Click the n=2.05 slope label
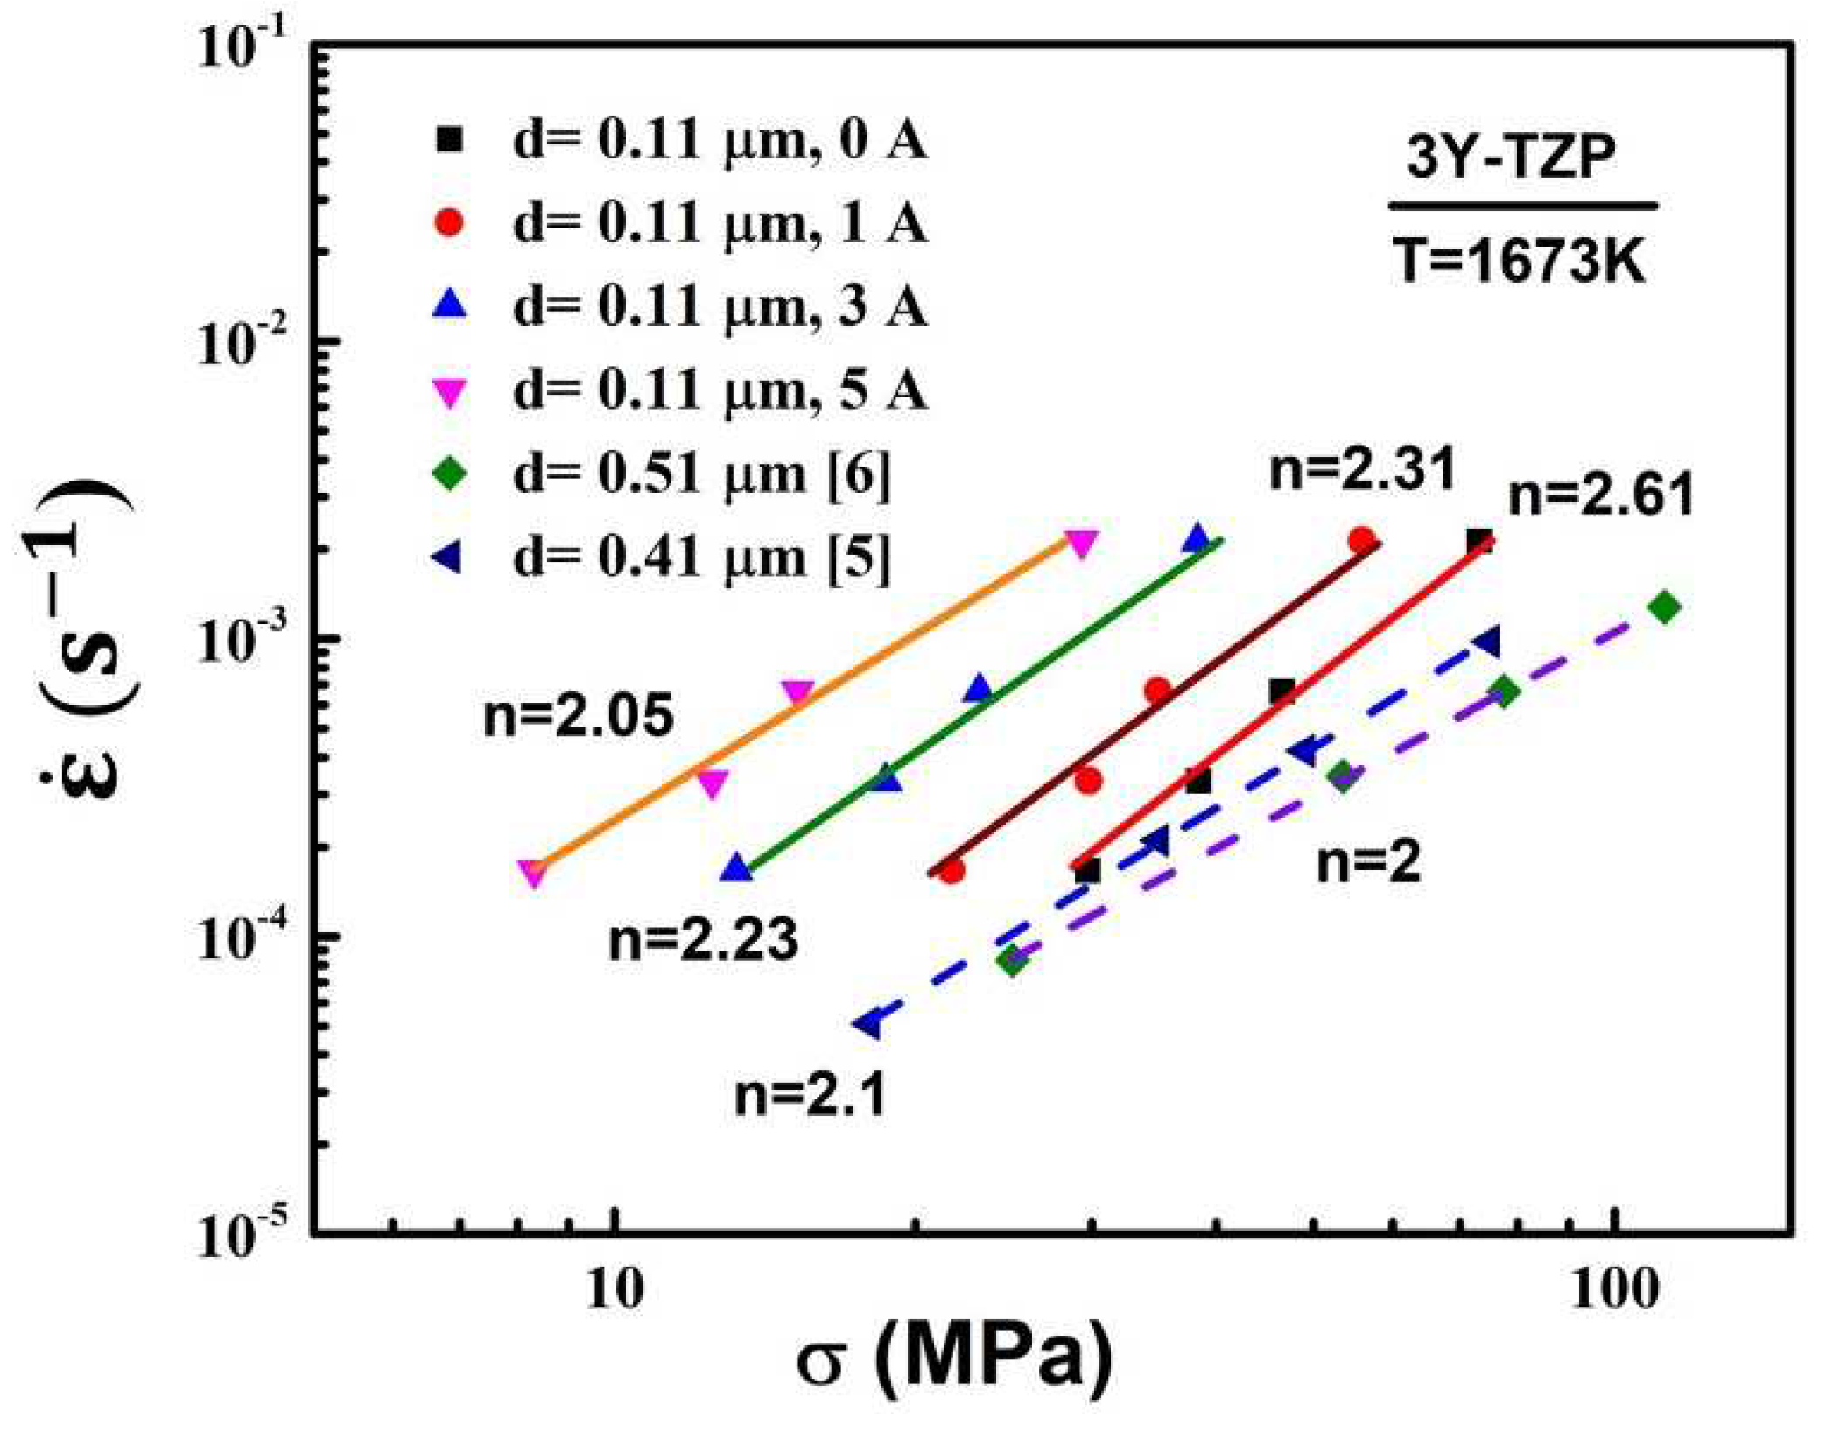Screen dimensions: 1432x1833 579,715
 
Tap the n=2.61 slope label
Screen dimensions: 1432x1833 1601,495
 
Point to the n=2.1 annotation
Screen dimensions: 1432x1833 811,1094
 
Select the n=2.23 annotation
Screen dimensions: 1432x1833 704,940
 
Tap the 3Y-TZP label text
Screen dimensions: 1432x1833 1511,158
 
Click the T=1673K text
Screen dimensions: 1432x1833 1520,261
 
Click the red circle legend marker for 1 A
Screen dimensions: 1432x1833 450,222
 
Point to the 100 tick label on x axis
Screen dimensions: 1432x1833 1613,1289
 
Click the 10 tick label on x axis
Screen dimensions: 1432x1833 616,1289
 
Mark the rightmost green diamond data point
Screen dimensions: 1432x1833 1664,607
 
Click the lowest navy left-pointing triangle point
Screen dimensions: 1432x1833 868,1022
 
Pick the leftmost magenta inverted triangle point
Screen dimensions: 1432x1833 532,873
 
